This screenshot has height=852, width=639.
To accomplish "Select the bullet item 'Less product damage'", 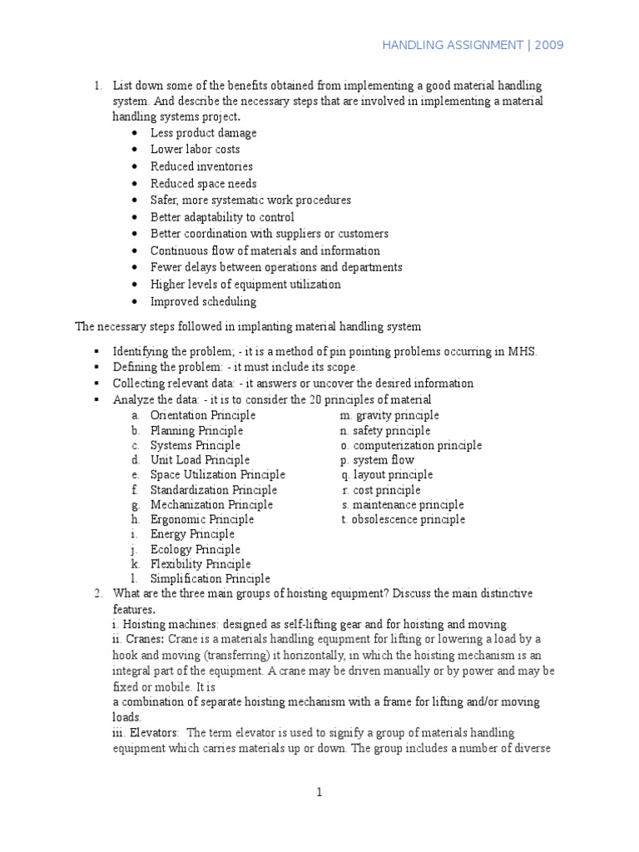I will tap(203, 133).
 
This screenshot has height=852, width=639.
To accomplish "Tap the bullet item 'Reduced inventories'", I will tap(201, 166).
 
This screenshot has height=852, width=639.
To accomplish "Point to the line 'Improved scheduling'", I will tap(203, 301).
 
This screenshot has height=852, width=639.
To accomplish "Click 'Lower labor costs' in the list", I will tap(195, 150).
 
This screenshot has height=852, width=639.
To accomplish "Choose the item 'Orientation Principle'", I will tap(203, 415).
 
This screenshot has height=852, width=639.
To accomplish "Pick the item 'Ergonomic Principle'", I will tap(202, 519).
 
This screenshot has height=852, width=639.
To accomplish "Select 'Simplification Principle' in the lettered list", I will tap(210, 578).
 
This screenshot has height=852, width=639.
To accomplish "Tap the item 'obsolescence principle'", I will tap(409, 519).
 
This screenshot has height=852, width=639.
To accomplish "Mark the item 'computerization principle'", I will tap(417, 445).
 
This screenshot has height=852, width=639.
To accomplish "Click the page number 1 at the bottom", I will tap(319, 793).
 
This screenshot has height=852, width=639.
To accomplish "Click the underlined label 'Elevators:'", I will tap(153, 732).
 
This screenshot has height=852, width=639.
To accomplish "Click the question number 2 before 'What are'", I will tap(97, 593).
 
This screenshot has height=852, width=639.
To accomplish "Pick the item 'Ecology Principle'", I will tap(195, 549).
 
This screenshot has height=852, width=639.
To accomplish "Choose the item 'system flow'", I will tap(383, 460).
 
